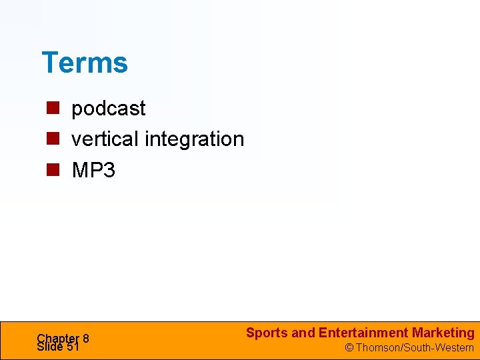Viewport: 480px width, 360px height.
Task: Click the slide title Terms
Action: (x=85, y=63)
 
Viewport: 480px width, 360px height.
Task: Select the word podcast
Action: (x=108, y=108)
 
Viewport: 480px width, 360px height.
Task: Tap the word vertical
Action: (x=105, y=139)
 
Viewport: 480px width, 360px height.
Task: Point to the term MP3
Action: (x=93, y=171)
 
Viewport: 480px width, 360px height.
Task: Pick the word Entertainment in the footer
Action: (x=363, y=333)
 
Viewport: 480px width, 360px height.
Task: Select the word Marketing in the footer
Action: (x=443, y=333)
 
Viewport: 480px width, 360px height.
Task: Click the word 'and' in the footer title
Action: (x=303, y=333)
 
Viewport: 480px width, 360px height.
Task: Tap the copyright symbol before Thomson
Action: (x=349, y=348)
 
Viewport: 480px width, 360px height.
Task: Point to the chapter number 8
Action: (x=85, y=339)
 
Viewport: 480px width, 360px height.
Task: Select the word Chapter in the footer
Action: (x=57, y=338)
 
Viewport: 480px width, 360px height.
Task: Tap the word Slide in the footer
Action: (x=50, y=347)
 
